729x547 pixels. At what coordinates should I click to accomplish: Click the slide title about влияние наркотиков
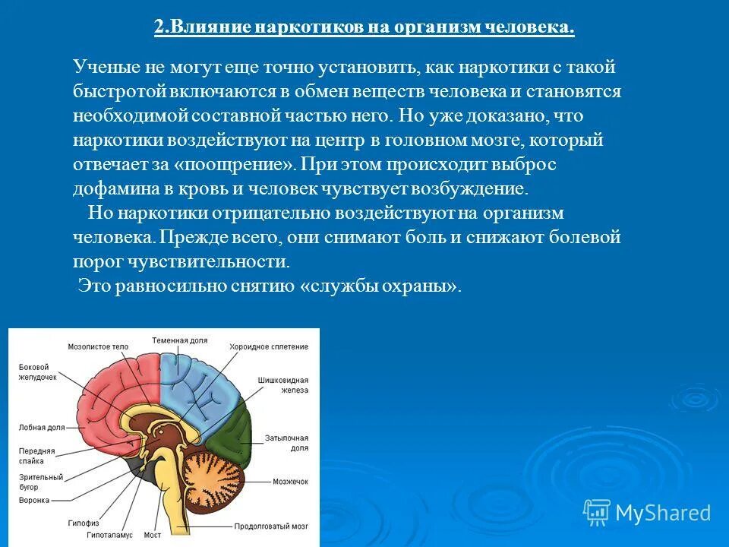(x=364, y=28)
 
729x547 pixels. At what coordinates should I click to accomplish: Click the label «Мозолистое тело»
(x=98, y=346)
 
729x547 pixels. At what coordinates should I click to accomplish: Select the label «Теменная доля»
(x=179, y=340)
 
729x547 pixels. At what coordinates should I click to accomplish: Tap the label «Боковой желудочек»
(x=38, y=372)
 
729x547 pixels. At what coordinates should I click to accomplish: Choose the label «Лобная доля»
(x=42, y=428)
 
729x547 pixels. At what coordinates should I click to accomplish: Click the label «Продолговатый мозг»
(x=270, y=526)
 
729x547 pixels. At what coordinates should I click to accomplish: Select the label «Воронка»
(x=34, y=501)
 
